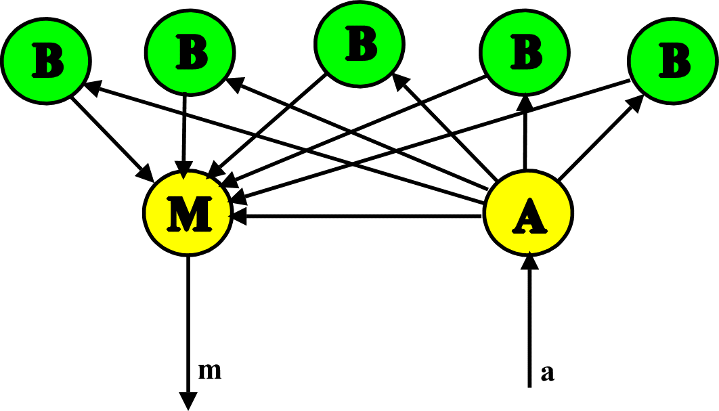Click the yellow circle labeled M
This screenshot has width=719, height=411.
[188, 213]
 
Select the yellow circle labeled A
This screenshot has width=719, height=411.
[529, 213]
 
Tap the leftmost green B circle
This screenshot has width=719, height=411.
[46, 60]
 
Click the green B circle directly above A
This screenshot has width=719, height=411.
[525, 51]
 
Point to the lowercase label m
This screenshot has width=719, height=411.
[210, 371]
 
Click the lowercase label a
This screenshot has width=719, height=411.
[548, 373]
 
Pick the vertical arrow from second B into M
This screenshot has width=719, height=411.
[185, 129]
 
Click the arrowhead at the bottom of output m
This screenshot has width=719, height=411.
[188, 401]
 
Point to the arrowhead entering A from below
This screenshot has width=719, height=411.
[529, 261]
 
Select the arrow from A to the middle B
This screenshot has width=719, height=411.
[447, 129]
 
